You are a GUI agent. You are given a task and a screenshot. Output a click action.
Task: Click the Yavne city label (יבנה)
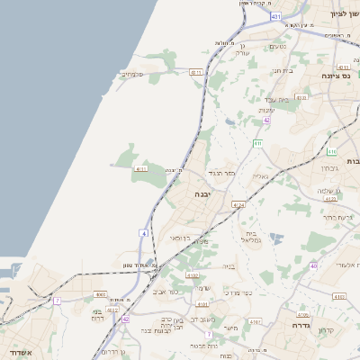pos(202,193)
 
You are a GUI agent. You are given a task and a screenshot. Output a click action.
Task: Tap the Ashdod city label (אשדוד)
pos(20,352)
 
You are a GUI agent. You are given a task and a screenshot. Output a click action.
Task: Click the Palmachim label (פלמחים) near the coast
pos(132,74)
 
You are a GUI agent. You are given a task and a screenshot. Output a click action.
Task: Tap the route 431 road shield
pos(275,16)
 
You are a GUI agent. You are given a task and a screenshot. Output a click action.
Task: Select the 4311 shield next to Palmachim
pos(197,71)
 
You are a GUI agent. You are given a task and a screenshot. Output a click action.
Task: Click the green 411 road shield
pos(257,143)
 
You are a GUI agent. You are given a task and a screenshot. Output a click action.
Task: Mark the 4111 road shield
pos(140,168)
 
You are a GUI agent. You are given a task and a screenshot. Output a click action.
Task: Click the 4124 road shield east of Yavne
pos(238,206)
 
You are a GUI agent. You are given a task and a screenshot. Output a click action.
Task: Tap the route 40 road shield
pos(313,265)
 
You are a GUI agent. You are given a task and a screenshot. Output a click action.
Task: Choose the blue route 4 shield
pos(143,233)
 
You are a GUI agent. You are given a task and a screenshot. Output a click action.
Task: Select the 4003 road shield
pos(100,293)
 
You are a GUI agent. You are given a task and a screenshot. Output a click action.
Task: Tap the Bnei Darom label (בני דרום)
pos(97,315)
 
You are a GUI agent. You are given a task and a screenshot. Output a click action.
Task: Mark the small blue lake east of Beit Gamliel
pos(276,238)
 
